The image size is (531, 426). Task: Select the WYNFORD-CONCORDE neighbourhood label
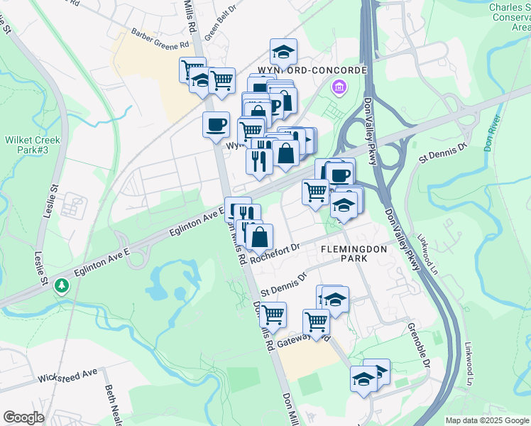point(308,71)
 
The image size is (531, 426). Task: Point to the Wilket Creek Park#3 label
point(33,146)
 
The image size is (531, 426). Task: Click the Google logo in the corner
point(23,417)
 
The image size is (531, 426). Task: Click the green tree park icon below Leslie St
point(62,285)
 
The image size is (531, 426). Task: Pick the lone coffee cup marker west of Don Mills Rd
point(216,125)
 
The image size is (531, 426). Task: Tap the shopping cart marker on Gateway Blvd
point(316,322)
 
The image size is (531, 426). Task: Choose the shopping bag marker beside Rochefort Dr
point(259,236)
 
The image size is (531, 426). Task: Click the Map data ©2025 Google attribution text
point(488,420)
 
